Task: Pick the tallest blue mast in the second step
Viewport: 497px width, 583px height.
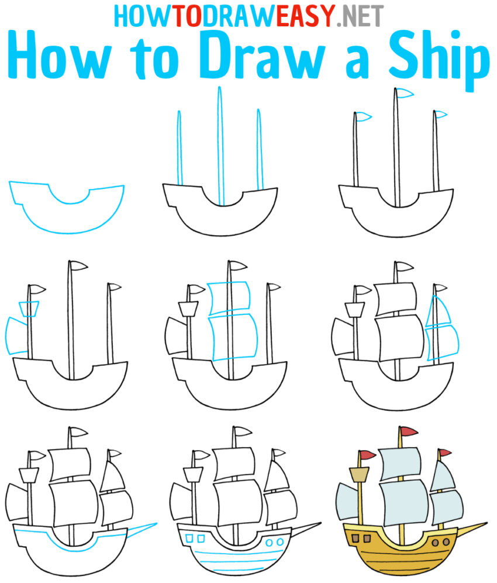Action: (220, 146)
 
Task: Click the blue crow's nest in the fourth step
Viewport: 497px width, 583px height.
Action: (29, 309)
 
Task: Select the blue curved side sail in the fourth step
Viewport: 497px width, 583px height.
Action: (16, 335)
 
